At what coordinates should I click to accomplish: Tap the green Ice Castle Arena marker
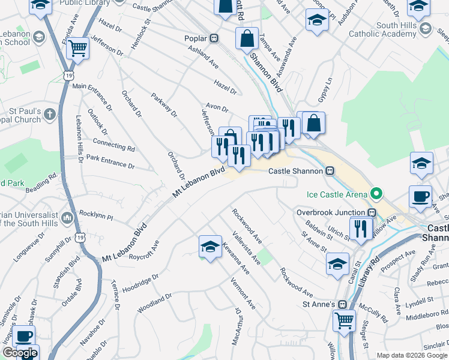point(376,194)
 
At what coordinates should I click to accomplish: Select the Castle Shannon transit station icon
point(330,171)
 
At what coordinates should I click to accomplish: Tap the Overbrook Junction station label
point(331,212)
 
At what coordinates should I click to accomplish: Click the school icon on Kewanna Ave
point(209,247)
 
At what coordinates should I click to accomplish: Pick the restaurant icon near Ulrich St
point(360,229)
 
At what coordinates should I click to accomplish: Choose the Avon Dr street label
point(217,109)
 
